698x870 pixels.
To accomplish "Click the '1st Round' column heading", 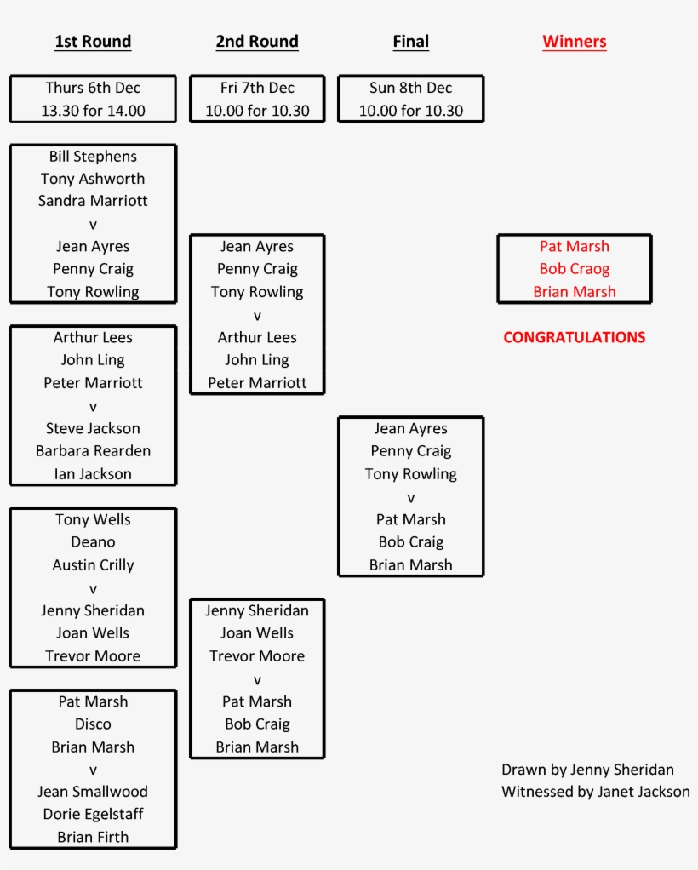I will tap(93, 42).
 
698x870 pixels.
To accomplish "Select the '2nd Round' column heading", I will tap(257, 42).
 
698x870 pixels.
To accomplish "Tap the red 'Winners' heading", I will tap(575, 42).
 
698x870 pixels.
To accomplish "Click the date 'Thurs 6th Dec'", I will tap(93, 88).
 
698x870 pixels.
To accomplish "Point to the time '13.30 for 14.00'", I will tap(93, 111).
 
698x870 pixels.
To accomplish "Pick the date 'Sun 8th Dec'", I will tap(411, 88).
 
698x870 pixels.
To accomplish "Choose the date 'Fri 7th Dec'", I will tap(257, 88).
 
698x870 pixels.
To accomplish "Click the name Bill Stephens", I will tap(93, 157).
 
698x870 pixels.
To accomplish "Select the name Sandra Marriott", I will tap(93, 201).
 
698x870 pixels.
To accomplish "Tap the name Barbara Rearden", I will tap(93, 451).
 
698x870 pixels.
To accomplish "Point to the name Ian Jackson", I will tap(93, 474).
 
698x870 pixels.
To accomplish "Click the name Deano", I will tap(93, 542).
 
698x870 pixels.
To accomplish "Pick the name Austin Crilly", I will tap(93, 565).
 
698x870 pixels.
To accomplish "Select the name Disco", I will tap(93, 724).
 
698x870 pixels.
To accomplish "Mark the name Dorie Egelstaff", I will tap(93, 815).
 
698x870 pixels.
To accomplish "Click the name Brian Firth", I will tap(93, 838).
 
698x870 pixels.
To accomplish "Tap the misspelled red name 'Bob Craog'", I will tap(575, 269).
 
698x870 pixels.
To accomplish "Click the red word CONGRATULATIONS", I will tap(575, 337).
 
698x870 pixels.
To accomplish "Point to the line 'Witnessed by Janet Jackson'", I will tap(596, 792).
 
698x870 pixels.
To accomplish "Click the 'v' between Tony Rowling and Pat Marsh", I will tap(411, 497).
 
